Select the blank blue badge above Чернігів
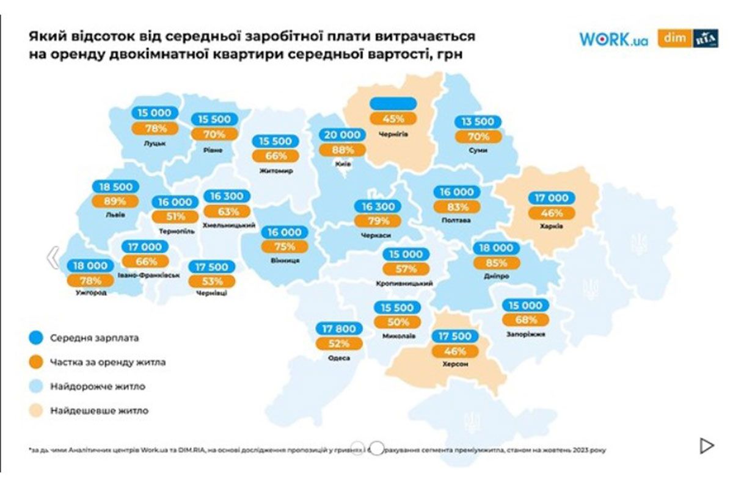(x=393, y=104)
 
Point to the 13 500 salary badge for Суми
(x=477, y=122)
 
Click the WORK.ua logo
(x=613, y=39)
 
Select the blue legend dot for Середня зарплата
(x=36, y=337)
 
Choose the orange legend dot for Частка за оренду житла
(x=36, y=362)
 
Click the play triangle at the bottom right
(x=706, y=446)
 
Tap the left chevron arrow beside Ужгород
(x=53, y=258)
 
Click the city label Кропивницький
(x=405, y=284)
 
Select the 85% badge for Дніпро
(x=497, y=264)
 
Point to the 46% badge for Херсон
(x=454, y=351)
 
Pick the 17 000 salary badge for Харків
(x=552, y=198)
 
